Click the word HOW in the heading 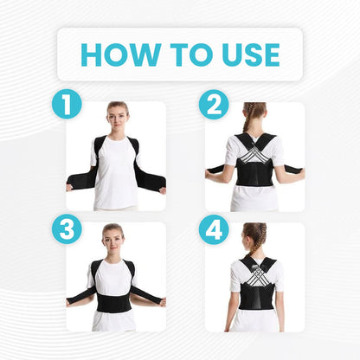click(121, 55)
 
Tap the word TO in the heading click(191, 55)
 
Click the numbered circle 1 click(67, 104)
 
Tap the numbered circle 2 click(214, 105)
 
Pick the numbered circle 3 click(67, 229)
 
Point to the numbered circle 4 click(214, 230)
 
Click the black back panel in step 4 click(258, 294)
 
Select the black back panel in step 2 click(254, 174)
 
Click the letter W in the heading click(145, 55)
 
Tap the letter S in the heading click(252, 55)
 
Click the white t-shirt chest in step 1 click(116, 153)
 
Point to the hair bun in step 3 click(112, 227)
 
